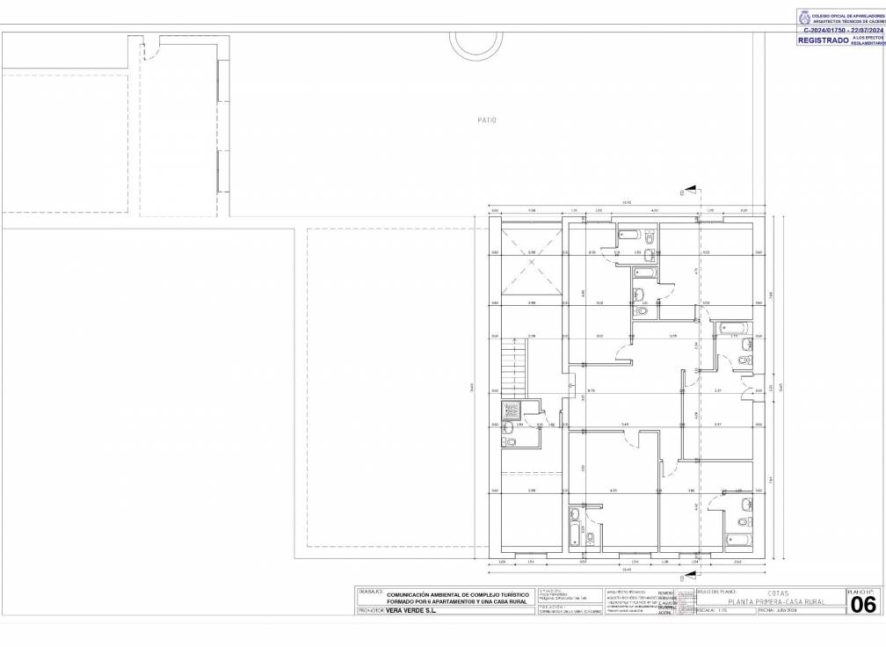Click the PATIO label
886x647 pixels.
tap(487, 120)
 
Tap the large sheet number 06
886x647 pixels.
tap(863, 605)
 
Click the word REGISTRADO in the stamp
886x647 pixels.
tap(823, 40)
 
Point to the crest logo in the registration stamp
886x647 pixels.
tap(803, 17)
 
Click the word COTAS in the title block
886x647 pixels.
tap(766, 592)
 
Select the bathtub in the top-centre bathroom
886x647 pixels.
tap(630, 235)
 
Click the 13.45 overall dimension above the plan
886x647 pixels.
tap(626, 203)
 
